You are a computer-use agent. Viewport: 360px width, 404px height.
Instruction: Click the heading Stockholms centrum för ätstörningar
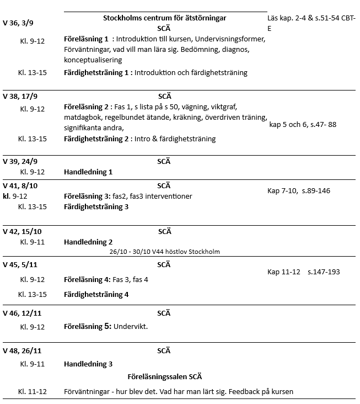[x=164, y=18]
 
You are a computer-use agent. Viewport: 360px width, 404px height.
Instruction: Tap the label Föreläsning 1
[x=87, y=39]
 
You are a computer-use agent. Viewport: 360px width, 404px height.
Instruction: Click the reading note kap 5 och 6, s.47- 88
[x=302, y=124]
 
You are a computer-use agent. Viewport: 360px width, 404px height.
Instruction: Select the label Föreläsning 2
[x=87, y=107]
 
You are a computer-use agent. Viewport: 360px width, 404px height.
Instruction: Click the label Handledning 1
[x=88, y=172]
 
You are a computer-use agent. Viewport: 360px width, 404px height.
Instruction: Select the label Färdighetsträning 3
[x=96, y=206]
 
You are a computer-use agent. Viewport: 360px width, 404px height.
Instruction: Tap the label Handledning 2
[x=88, y=242]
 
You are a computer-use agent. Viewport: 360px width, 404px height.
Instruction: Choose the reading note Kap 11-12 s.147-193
[x=303, y=272]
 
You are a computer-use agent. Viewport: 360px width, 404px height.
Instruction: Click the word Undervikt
[x=131, y=326]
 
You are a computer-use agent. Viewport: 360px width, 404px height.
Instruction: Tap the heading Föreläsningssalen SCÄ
[x=164, y=376]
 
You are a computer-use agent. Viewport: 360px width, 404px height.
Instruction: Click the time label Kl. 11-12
[x=33, y=391]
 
